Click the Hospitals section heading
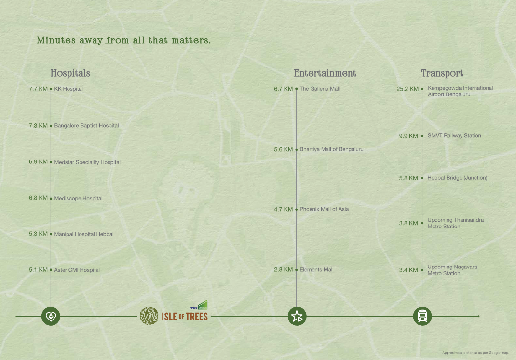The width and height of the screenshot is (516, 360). tap(70, 73)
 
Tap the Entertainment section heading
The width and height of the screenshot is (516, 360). tap(325, 73)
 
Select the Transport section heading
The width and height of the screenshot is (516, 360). tap(442, 73)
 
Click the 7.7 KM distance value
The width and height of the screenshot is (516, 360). tap(38, 89)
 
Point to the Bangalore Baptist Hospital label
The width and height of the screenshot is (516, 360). tap(86, 126)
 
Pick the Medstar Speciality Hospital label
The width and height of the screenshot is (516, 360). tap(87, 162)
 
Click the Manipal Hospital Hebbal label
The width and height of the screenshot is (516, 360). tap(84, 234)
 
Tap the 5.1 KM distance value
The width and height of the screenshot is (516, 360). tap(38, 270)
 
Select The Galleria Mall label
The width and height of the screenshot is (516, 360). tap(320, 89)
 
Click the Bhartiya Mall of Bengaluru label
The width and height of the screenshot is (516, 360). tap(331, 149)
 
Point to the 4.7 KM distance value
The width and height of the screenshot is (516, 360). tap(283, 209)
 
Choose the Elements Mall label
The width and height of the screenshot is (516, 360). tap(316, 270)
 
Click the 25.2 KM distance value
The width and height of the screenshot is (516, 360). tap(407, 89)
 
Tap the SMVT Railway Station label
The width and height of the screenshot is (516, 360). tap(454, 136)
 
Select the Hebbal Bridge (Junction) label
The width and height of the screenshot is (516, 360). tap(457, 178)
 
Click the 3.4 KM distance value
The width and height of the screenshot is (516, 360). tap(408, 270)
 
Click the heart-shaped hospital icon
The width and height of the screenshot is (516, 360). tap(51, 316)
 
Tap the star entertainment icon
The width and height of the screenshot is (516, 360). tap(297, 316)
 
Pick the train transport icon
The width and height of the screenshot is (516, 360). tap(422, 316)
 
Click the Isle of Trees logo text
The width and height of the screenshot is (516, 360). tap(185, 317)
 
